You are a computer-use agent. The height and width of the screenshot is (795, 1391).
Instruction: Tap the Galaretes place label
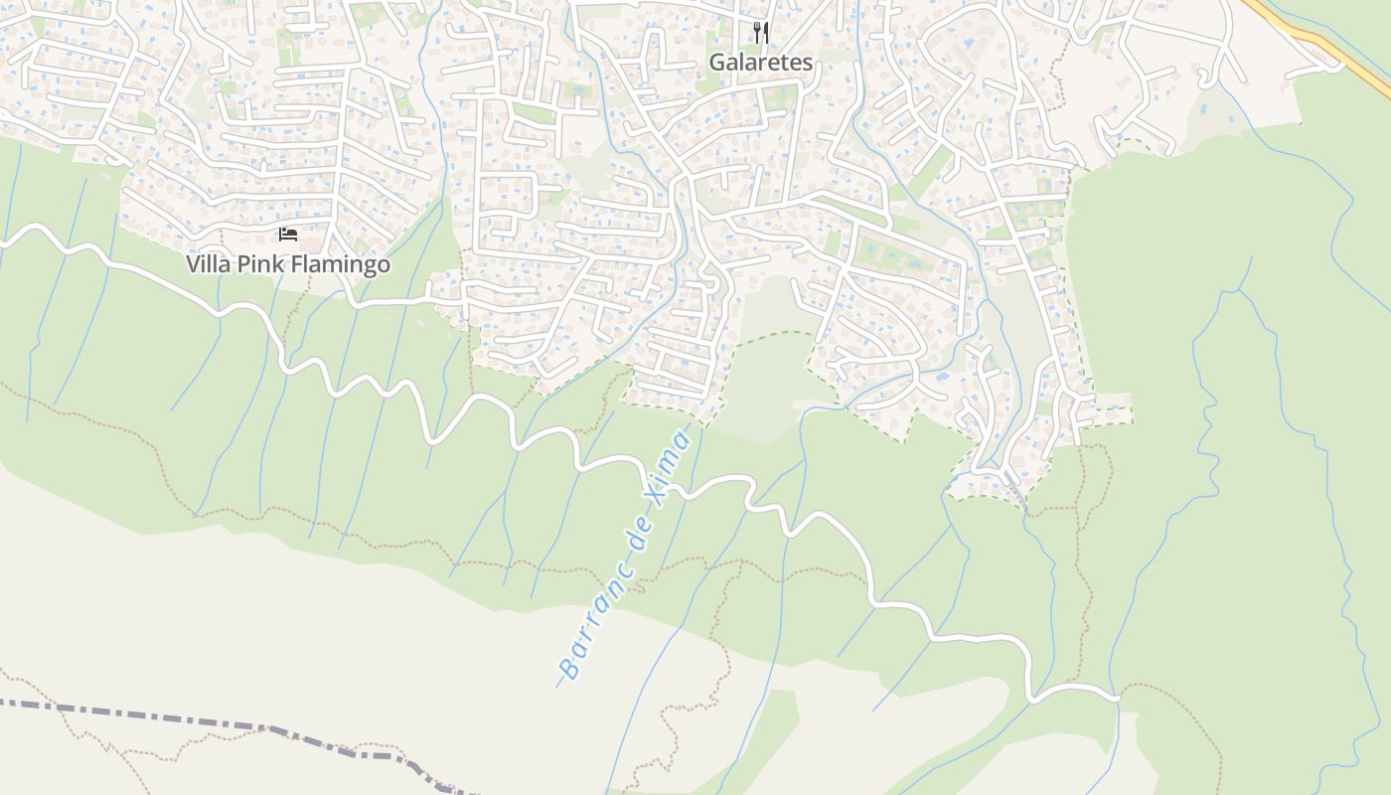pos(760,63)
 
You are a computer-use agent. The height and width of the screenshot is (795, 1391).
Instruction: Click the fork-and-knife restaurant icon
pos(761,33)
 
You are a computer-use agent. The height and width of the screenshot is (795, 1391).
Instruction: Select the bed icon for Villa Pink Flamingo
pos(288,235)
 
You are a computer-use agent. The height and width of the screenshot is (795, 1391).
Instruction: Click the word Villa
pos(208,265)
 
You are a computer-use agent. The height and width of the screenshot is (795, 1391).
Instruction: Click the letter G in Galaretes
pos(716,63)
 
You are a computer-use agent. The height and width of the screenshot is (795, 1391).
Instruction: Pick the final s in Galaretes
pos(807,64)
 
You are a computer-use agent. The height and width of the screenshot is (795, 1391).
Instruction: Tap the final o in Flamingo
pos(384,266)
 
